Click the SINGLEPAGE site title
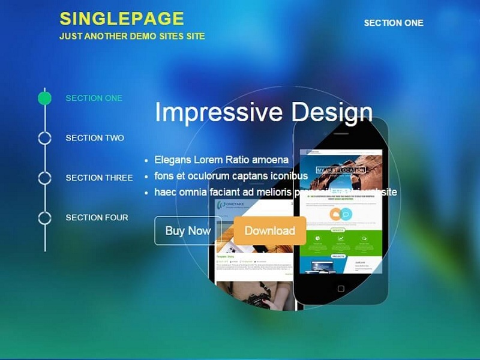click(122, 19)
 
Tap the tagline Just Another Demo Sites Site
click(132, 36)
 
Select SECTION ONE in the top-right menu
click(394, 23)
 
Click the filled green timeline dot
click(45, 98)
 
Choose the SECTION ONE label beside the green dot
click(94, 98)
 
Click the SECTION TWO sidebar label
click(95, 138)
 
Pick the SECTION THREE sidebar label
click(99, 178)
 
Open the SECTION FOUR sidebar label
click(97, 217)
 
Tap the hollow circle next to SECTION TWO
click(45, 138)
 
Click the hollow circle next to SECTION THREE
click(45, 178)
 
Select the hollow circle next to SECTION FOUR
click(45, 217)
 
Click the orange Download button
click(270, 230)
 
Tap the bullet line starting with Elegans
click(221, 160)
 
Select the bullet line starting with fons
click(231, 176)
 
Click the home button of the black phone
click(341, 289)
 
